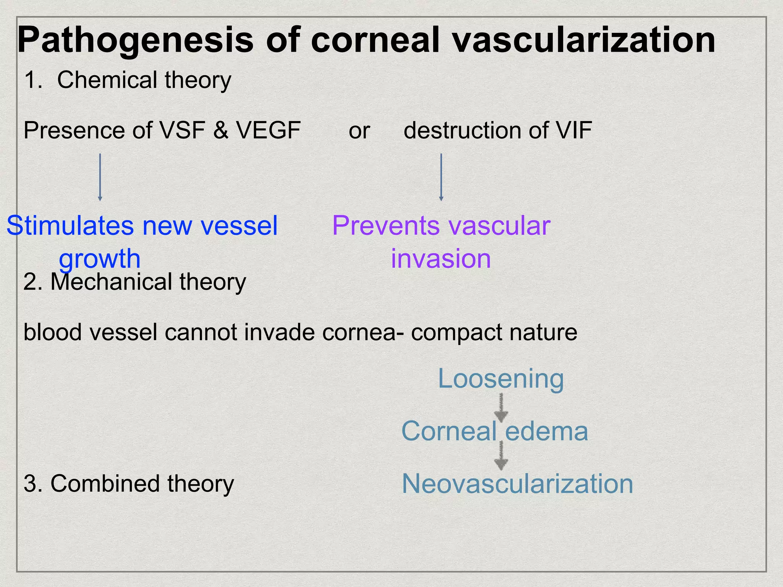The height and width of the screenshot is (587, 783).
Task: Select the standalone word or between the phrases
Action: coord(359,131)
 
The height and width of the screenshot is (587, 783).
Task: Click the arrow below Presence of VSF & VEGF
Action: coord(100,177)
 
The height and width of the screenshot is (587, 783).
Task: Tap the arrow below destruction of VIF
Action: coord(441,177)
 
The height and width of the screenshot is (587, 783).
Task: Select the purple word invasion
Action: coord(441,259)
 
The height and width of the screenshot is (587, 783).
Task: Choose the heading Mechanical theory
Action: coord(148,282)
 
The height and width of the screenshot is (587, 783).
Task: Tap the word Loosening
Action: coord(500,378)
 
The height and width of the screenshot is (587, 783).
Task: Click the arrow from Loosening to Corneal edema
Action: coord(501,408)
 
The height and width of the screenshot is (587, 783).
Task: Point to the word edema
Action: coord(546,431)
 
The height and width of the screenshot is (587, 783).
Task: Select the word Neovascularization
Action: coord(517,484)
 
